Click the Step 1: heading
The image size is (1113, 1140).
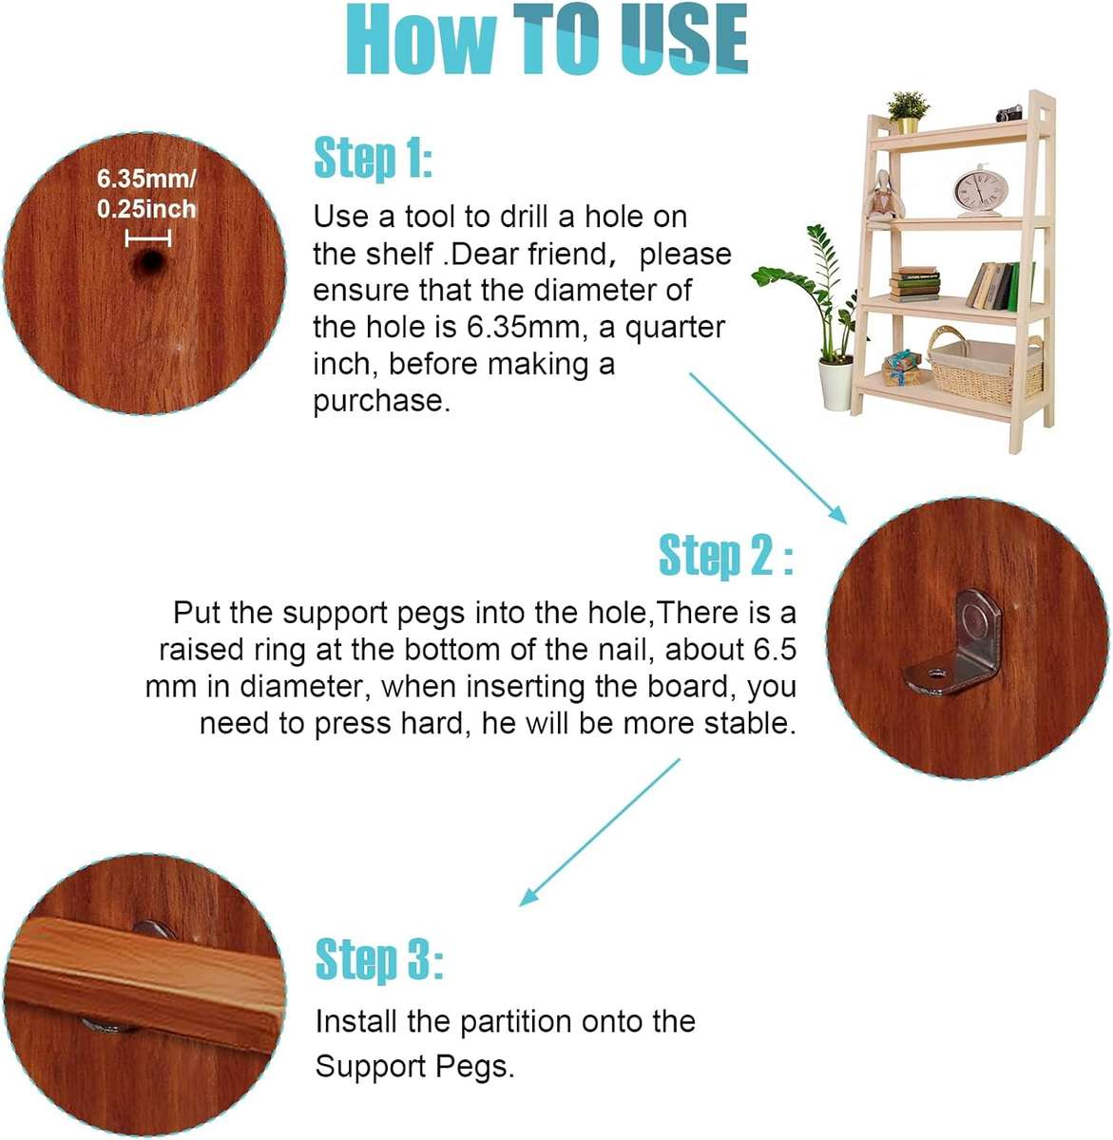(x=373, y=159)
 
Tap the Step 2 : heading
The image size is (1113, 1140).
(x=725, y=556)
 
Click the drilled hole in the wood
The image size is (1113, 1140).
(x=147, y=263)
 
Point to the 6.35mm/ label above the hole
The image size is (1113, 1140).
(x=146, y=178)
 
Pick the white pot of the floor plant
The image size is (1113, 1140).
(x=837, y=384)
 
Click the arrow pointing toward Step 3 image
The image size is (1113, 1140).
(x=601, y=832)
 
